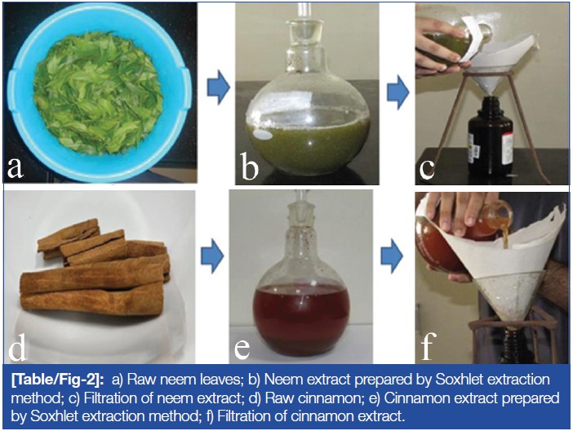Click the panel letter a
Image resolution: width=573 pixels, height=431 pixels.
[x=15, y=168]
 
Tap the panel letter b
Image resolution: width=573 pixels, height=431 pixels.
[x=250, y=167]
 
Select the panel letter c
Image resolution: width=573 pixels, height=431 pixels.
[x=426, y=169]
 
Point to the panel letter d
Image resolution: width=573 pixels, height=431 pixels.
[x=17, y=346]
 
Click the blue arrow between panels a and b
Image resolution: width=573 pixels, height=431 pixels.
[x=219, y=87]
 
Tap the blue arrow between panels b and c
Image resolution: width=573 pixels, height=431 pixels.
[x=398, y=91]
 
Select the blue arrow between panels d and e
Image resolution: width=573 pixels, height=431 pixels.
[x=212, y=255]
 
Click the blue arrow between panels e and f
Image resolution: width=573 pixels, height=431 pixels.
[x=392, y=256]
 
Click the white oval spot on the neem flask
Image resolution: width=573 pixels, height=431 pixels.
[x=264, y=135]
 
